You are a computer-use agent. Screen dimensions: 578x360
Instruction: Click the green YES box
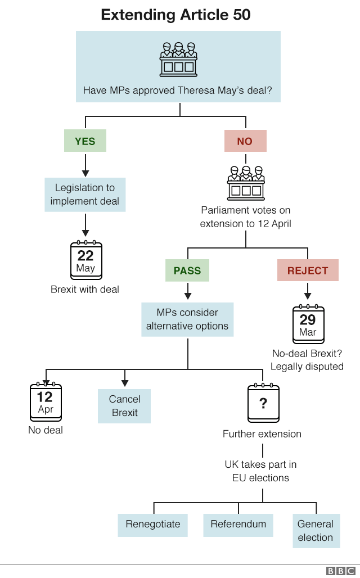pos(85,141)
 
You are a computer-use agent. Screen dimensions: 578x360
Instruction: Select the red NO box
pos(245,141)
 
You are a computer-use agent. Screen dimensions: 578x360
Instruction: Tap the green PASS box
pos(187,270)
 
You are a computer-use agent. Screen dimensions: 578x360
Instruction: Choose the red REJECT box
pos(308,270)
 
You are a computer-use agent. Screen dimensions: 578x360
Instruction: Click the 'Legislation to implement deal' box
pos(85,195)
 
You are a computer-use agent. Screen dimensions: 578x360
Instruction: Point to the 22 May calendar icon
pos(86,261)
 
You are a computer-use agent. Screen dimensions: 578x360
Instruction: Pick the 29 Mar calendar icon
pos(308,324)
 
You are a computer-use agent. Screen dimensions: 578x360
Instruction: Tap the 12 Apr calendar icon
pos(46,403)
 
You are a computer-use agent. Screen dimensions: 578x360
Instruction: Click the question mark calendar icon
pos(263,403)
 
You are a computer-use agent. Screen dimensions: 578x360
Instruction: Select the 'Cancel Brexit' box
pos(125,406)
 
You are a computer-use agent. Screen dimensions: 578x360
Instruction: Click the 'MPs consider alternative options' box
pos(187,319)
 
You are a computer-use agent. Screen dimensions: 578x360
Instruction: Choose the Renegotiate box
pos(153,524)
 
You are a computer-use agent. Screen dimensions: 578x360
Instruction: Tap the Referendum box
pos(238,524)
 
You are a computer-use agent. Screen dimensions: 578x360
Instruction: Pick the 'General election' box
pos(316,531)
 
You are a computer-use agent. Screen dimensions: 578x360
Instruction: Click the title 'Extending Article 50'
pos(175,15)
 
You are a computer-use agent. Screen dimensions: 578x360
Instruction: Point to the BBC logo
pos(340,571)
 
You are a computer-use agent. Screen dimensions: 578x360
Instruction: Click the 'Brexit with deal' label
pos(85,290)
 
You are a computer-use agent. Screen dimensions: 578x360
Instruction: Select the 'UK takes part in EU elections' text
pos(261,471)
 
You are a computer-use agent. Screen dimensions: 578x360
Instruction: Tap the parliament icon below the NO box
pos(246,183)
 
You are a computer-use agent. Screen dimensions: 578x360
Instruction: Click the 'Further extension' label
pos(262,434)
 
